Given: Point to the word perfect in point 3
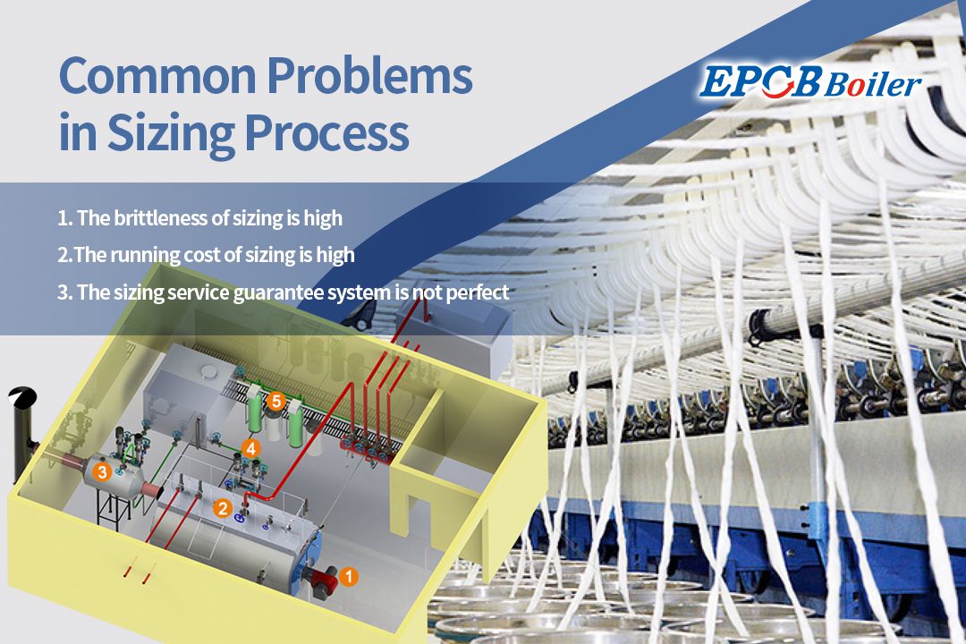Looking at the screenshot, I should coord(477,292).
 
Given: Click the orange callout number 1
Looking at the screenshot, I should coord(351,577).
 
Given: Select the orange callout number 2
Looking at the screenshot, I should coord(223,507).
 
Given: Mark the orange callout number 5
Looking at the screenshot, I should coord(275,402).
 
